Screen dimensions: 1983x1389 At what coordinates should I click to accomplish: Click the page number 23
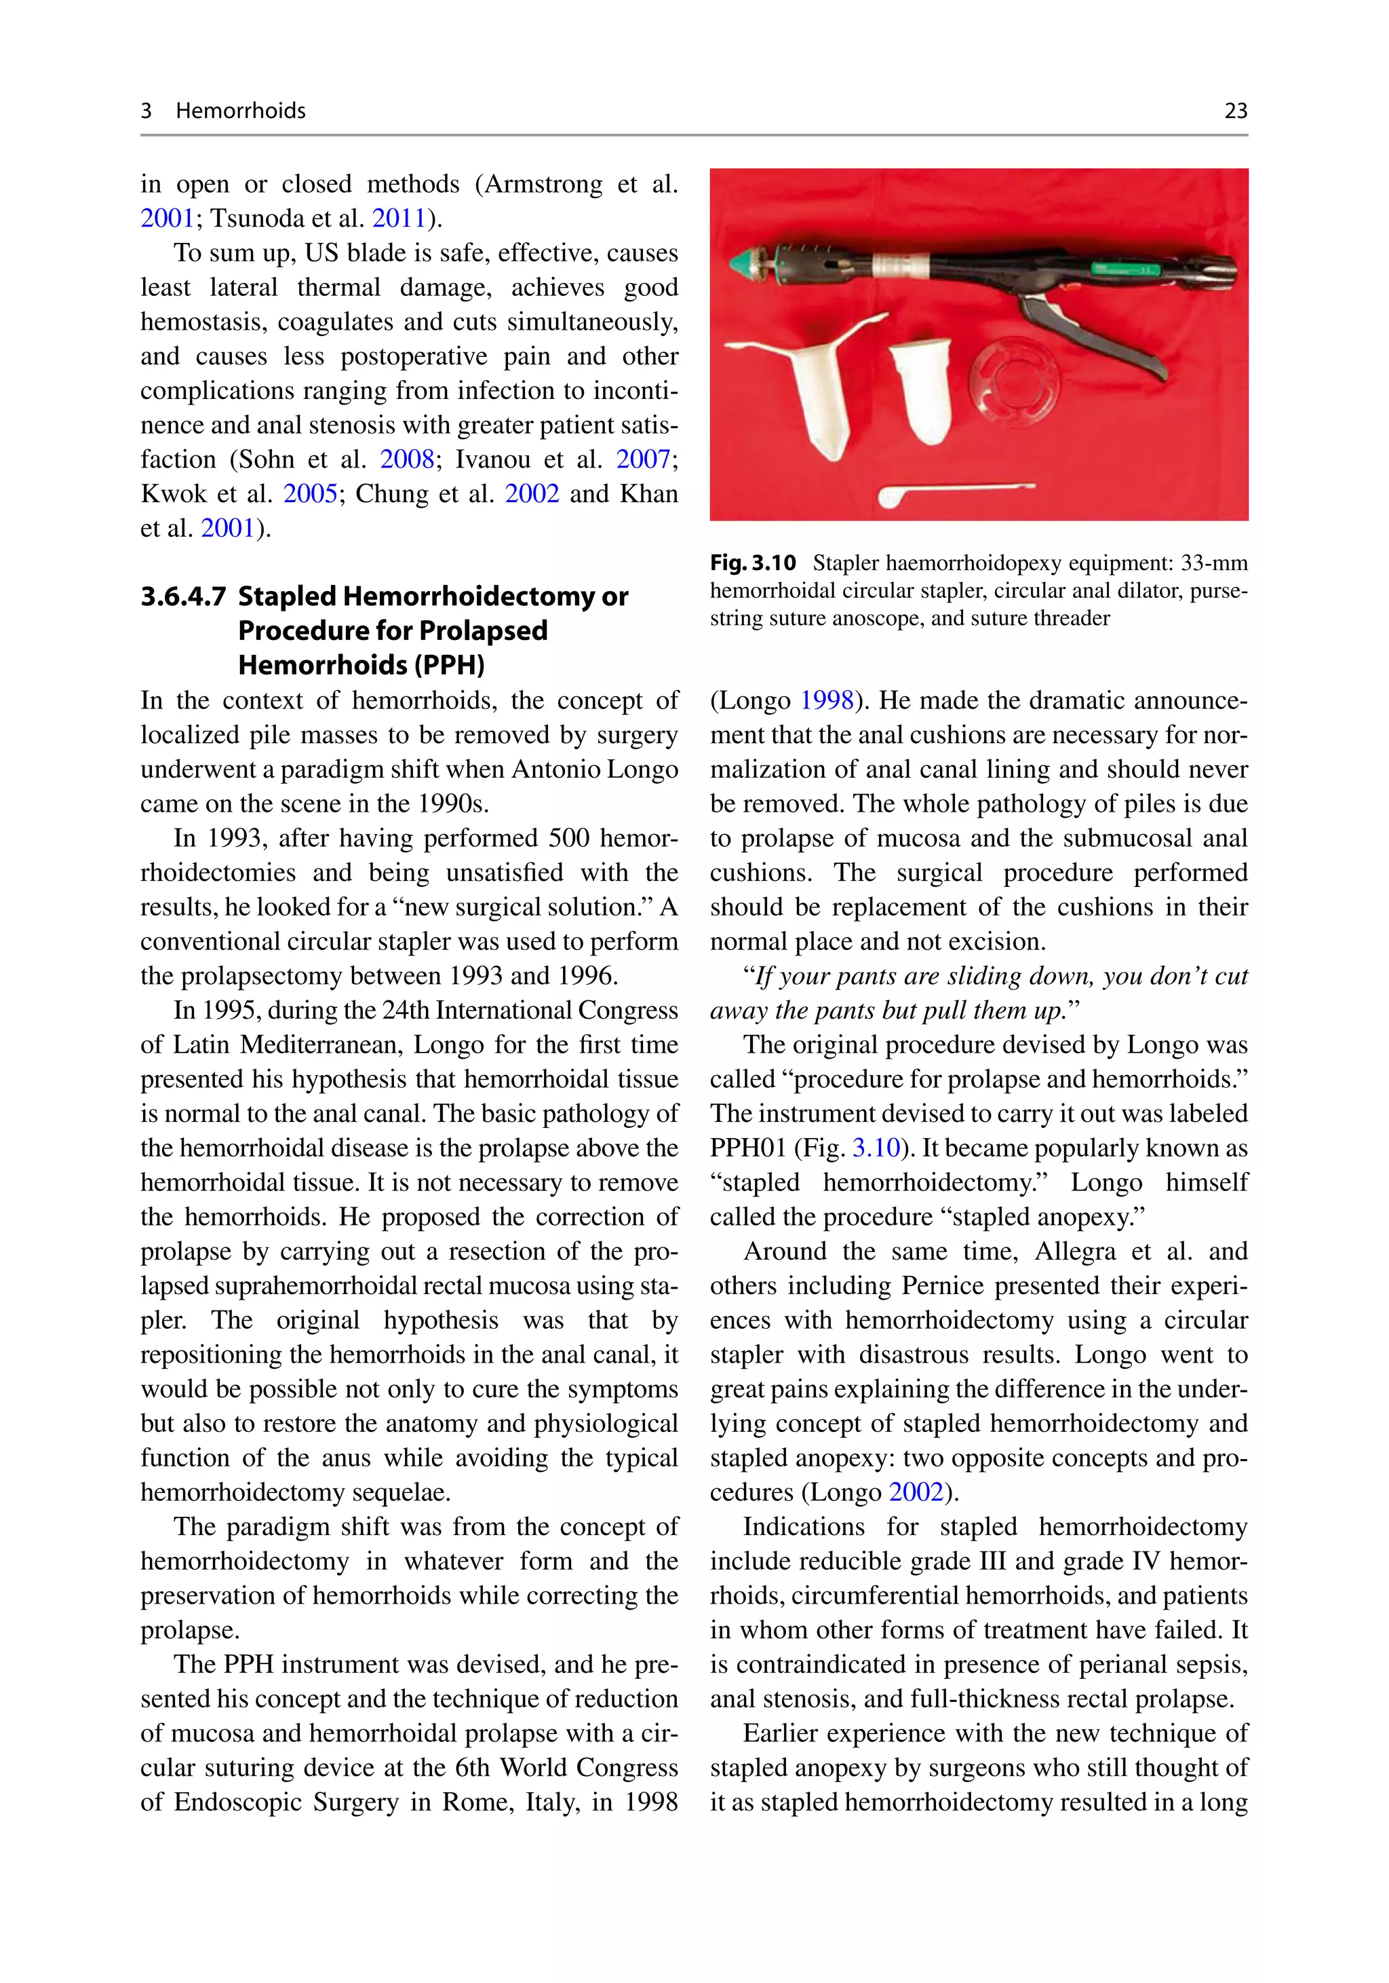tap(1235, 111)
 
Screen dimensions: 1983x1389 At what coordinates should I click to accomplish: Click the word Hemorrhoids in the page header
tap(240, 111)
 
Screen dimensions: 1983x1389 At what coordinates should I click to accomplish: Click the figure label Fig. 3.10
tap(752, 564)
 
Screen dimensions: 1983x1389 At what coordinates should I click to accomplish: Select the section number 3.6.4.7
tap(183, 597)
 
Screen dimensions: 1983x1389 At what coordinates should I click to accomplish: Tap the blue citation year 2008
tap(407, 459)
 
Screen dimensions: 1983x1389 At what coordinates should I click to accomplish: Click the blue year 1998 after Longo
tap(826, 700)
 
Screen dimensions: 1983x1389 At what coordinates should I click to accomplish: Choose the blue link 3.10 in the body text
tap(876, 1148)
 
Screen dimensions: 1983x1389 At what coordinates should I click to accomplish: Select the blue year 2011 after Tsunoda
tap(399, 219)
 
